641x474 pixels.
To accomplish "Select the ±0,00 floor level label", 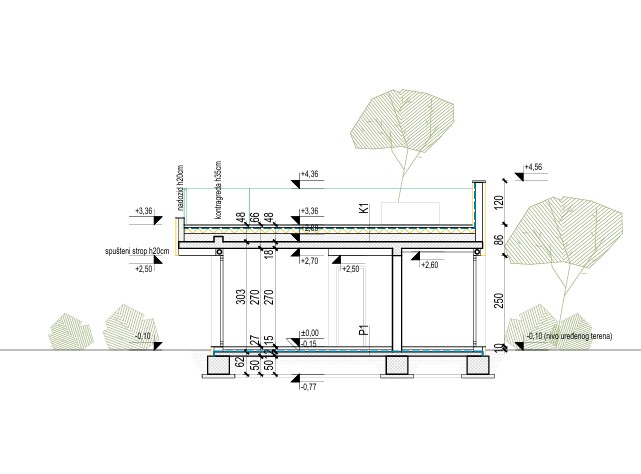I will (309, 333).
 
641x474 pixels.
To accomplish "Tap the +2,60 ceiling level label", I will (430, 265).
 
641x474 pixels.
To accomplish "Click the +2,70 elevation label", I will (309, 261).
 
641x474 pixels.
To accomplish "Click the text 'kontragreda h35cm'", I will (215, 189).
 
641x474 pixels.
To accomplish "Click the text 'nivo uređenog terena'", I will (580, 335).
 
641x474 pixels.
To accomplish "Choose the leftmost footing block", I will (221, 362).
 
